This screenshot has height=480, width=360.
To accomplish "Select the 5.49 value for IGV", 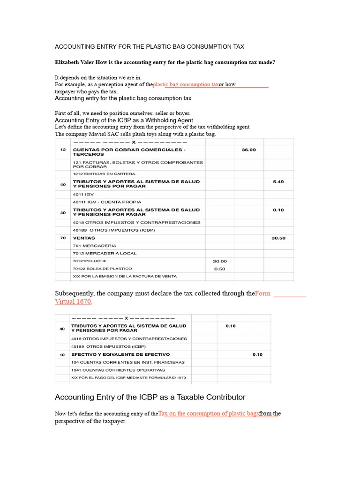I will pos(278,181).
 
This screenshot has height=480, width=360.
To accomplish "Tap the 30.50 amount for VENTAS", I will pos(278,238).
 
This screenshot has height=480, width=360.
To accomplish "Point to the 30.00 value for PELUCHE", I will pos(219,261).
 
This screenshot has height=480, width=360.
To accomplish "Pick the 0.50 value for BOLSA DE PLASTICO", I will pos(219,269).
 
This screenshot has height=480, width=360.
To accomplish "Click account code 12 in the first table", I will pos(63,150).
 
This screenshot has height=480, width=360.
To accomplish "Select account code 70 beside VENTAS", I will pos(63,238).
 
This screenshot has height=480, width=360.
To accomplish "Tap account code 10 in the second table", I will pos(63,355).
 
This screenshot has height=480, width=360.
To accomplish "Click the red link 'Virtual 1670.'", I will pos(74,301).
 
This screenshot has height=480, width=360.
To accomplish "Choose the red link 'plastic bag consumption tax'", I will pos(186,85).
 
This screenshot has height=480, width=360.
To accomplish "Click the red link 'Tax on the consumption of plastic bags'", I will pos(209,413).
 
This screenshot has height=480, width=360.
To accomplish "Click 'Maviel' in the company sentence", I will pos(95,134).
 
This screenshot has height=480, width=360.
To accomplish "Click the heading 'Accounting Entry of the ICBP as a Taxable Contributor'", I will pos(150,397).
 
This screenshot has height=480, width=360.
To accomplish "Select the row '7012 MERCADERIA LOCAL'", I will pos(105,254).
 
